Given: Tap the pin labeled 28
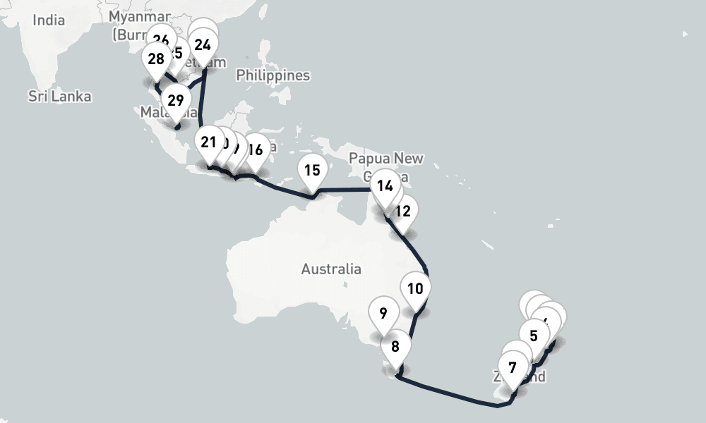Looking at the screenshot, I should click(156, 59).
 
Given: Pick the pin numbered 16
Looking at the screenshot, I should click(256, 150).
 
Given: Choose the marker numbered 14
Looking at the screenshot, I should click(385, 188).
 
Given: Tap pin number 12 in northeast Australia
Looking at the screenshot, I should click(403, 211).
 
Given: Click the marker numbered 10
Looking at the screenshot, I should click(415, 289).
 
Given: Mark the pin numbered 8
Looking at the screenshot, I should click(395, 348).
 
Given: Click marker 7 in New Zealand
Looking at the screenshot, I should click(513, 368).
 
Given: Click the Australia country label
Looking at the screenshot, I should click(330, 269).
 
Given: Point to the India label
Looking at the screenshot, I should click(49, 20).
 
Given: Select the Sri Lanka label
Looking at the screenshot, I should click(60, 96).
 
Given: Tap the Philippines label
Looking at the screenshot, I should click(273, 75).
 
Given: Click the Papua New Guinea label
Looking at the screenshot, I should click(385, 158).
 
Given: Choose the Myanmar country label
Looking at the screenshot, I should click(140, 16).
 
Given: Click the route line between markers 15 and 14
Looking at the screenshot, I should click(346, 189).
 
